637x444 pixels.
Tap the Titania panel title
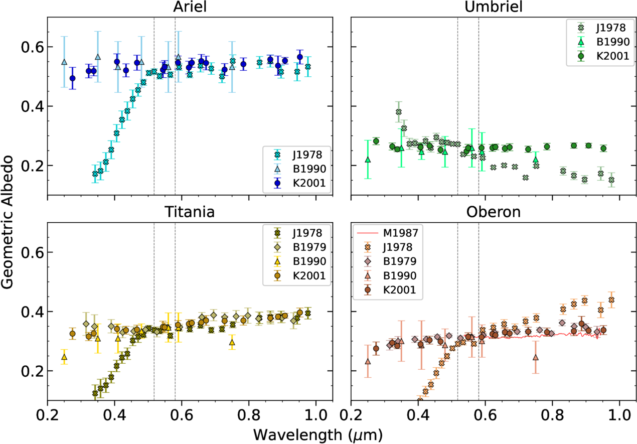[x=190, y=212]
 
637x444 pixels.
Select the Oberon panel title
[x=494, y=212]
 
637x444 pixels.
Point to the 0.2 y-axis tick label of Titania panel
[x=31, y=371]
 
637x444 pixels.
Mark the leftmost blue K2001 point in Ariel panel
[x=73, y=78]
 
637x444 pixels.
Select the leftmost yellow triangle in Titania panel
[x=64, y=357]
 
